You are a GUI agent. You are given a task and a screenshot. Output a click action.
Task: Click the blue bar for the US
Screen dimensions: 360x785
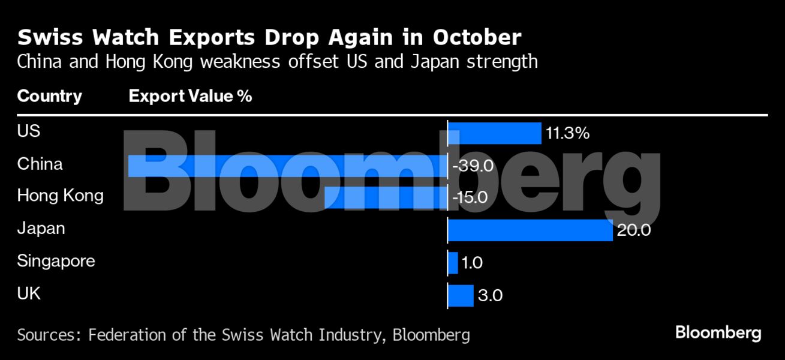point(495,133)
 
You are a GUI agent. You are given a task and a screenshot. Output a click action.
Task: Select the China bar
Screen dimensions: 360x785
point(288,166)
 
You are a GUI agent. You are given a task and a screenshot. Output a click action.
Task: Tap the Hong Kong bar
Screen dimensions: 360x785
point(386,197)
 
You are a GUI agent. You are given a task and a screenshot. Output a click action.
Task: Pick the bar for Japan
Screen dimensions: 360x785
point(530,230)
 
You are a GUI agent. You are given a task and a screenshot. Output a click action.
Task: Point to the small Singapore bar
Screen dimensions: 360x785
point(453,263)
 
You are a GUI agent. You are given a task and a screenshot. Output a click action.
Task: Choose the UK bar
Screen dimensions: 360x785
point(461,295)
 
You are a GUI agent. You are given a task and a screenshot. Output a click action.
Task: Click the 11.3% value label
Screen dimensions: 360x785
point(567,133)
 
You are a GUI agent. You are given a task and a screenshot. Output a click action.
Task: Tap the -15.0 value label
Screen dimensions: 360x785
point(471,197)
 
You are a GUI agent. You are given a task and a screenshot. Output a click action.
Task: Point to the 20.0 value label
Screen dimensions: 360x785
point(633,230)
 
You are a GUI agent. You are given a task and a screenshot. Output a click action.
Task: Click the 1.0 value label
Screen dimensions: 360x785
point(472,263)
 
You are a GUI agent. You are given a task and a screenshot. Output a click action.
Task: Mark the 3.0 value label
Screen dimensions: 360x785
point(490,295)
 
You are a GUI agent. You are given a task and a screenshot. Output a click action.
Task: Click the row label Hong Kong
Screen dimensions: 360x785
point(60,196)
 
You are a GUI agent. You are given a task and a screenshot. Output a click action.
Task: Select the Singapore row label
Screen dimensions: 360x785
point(56,261)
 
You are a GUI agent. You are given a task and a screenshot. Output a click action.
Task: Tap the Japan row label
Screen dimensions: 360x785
point(41,229)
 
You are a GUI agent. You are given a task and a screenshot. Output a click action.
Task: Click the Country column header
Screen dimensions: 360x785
point(50,96)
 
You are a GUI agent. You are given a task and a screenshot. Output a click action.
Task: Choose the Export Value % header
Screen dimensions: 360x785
point(190,96)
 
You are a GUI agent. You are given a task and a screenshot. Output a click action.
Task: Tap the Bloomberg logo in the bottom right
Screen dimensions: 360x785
point(718,333)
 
